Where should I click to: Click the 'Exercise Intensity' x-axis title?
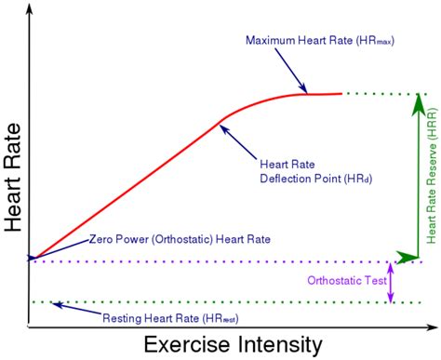tap(232, 344)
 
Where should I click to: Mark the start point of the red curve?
tap(32, 260)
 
